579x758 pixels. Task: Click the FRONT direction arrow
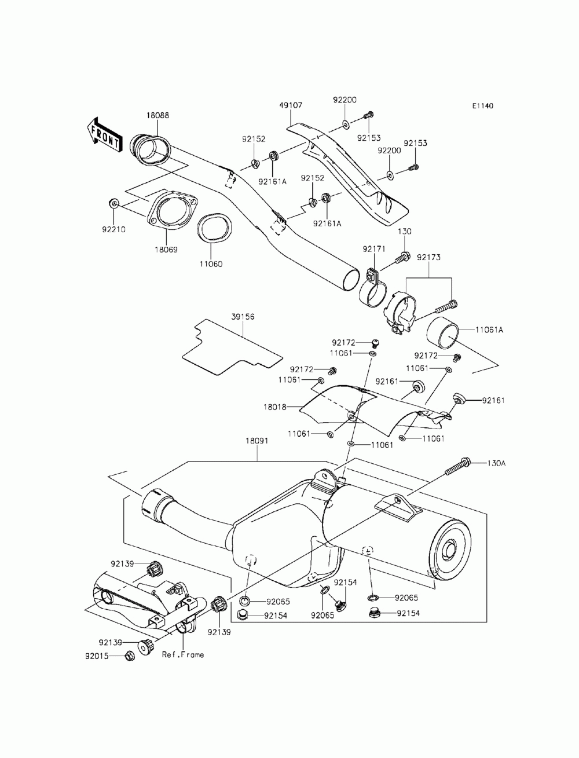[104, 135]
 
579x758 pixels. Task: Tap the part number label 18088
[158, 115]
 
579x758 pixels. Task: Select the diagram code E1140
[482, 106]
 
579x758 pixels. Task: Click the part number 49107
[291, 105]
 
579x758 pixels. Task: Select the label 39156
[243, 317]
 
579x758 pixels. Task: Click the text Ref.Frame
[183, 655]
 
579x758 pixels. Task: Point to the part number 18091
[257, 441]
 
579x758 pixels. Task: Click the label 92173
[429, 257]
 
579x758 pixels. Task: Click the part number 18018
[275, 407]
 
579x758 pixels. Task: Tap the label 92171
[374, 248]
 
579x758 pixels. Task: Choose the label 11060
[211, 264]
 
